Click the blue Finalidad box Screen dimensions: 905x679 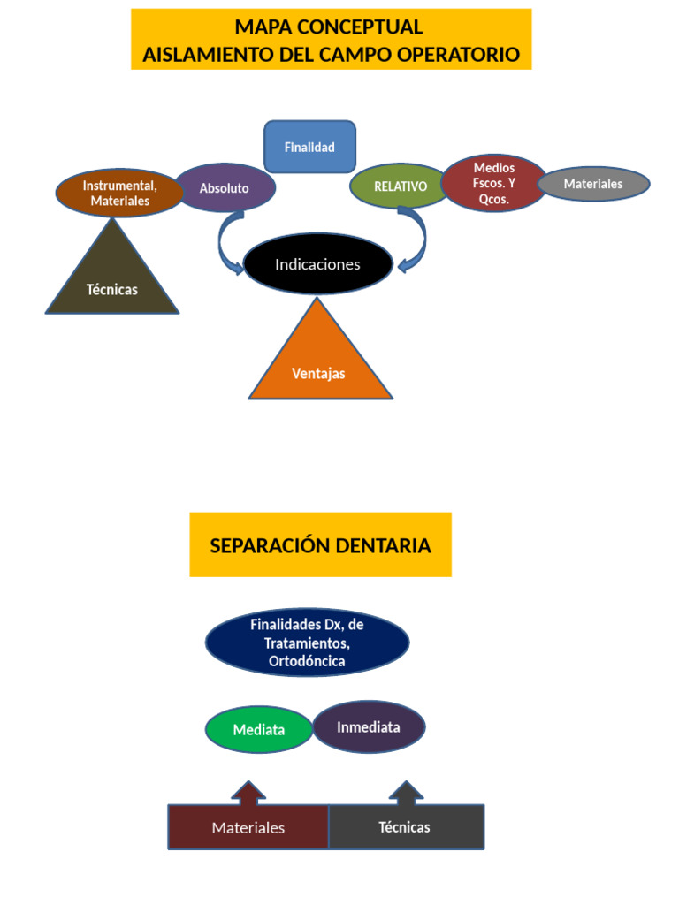tap(309, 147)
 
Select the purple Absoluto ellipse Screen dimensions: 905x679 tap(225, 188)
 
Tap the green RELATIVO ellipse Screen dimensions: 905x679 tap(400, 186)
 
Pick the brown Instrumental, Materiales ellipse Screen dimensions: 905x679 tap(119, 193)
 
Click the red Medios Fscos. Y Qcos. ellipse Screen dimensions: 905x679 tap(494, 183)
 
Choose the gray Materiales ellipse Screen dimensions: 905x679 tap(593, 184)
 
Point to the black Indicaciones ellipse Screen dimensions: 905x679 tap(317, 264)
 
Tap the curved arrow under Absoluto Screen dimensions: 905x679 tap(227, 244)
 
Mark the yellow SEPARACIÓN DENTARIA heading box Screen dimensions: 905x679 tap(320, 545)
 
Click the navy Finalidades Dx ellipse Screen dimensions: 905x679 tap(307, 643)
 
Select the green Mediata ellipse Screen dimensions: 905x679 tap(259, 730)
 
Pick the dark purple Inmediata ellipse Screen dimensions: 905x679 tap(369, 727)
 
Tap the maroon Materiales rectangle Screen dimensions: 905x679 tap(248, 827)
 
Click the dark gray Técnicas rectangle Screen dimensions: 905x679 tap(406, 827)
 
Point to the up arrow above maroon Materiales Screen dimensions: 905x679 tap(248, 793)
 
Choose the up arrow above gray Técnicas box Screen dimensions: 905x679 tap(406, 793)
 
